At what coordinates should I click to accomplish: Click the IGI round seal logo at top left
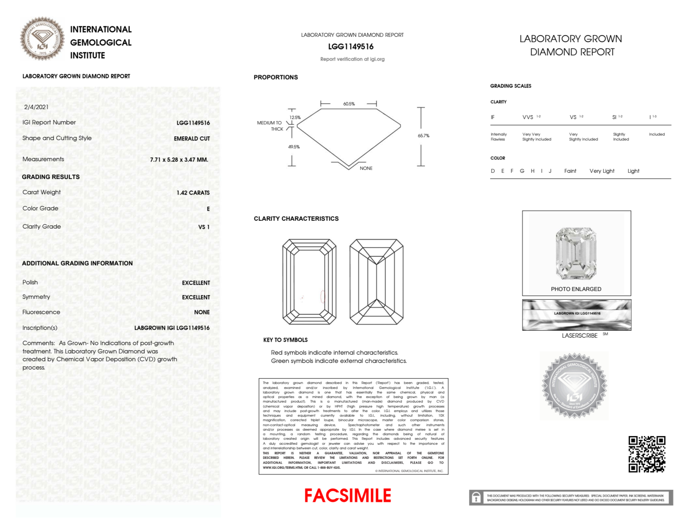point(42,39)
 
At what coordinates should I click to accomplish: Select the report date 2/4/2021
point(36,107)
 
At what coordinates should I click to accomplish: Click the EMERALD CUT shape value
point(192,139)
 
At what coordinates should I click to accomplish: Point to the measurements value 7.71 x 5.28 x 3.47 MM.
point(179,160)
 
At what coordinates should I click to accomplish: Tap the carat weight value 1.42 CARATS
point(193,193)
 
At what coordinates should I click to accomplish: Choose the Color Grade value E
point(208,209)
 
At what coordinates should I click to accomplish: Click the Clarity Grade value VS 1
point(204,227)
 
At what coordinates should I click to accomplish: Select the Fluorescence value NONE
point(202,312)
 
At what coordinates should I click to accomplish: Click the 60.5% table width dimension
point(349,104)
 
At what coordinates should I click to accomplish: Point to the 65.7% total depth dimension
point(423,136)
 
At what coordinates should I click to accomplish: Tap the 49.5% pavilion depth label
point(294,147)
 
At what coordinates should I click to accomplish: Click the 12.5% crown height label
point(295,118)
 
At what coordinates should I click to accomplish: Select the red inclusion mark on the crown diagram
point(322,297)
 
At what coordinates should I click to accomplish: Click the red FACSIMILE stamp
point(348,496)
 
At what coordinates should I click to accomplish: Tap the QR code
point(647,454)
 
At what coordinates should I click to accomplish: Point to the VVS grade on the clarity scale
point(528,117)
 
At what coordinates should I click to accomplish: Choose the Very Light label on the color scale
point(602,171)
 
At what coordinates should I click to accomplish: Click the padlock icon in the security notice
point(476,498)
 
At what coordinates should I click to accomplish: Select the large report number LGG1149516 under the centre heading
point(351,47)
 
